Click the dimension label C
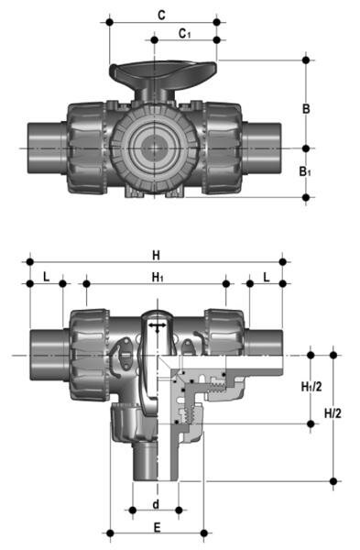(161, 15)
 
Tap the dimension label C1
(185, 34)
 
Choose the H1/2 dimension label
(311, 388)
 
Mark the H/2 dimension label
(333, 413)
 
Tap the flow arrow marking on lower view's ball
(158, 325)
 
